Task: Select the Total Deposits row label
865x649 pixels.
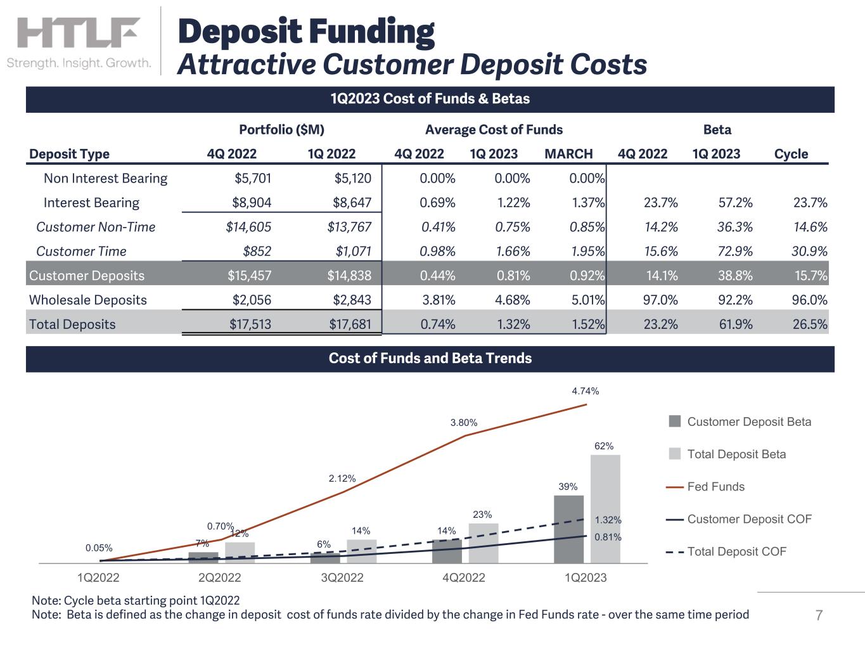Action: pyautogui.click(x=72, y=324)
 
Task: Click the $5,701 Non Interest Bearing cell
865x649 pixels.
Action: pyautogui.click(x=252, y=179)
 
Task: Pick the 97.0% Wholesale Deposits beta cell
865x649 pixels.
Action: pyautogui.click(x=660, y=300)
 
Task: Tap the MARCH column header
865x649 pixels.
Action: pyautogui.click(x=568, y=154)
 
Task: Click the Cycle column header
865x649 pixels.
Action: pyautogui.click(x=791, y=154)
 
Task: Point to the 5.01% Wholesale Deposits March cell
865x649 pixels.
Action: pyautogui.click(x=587, y=300)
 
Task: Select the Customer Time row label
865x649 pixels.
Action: pyautogui.click(x=81, y=252)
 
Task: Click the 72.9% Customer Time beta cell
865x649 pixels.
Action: pyautogui.click(x=735, y=252)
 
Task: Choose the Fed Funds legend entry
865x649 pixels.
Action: pyautogui.click(x=715, y=487)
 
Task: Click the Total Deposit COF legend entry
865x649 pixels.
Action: pyautogui.click(x=736, y=551)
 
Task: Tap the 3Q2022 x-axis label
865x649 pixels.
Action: pyautogui.click(x=342, y=577)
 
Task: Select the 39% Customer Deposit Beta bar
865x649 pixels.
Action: pyautogui.click(x=568, y=529)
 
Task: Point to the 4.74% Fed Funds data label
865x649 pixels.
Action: pyautogui.click(x=585, y=391)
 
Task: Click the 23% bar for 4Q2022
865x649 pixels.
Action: pyautogui.click(x=483, y=543)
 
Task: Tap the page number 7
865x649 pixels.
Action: pyautogui.click(x=819, y=615)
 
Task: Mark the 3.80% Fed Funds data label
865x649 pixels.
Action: pyautogui.click(x=464, y=423)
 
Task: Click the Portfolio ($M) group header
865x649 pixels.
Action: pyautogui.click(x=281, y=130)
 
